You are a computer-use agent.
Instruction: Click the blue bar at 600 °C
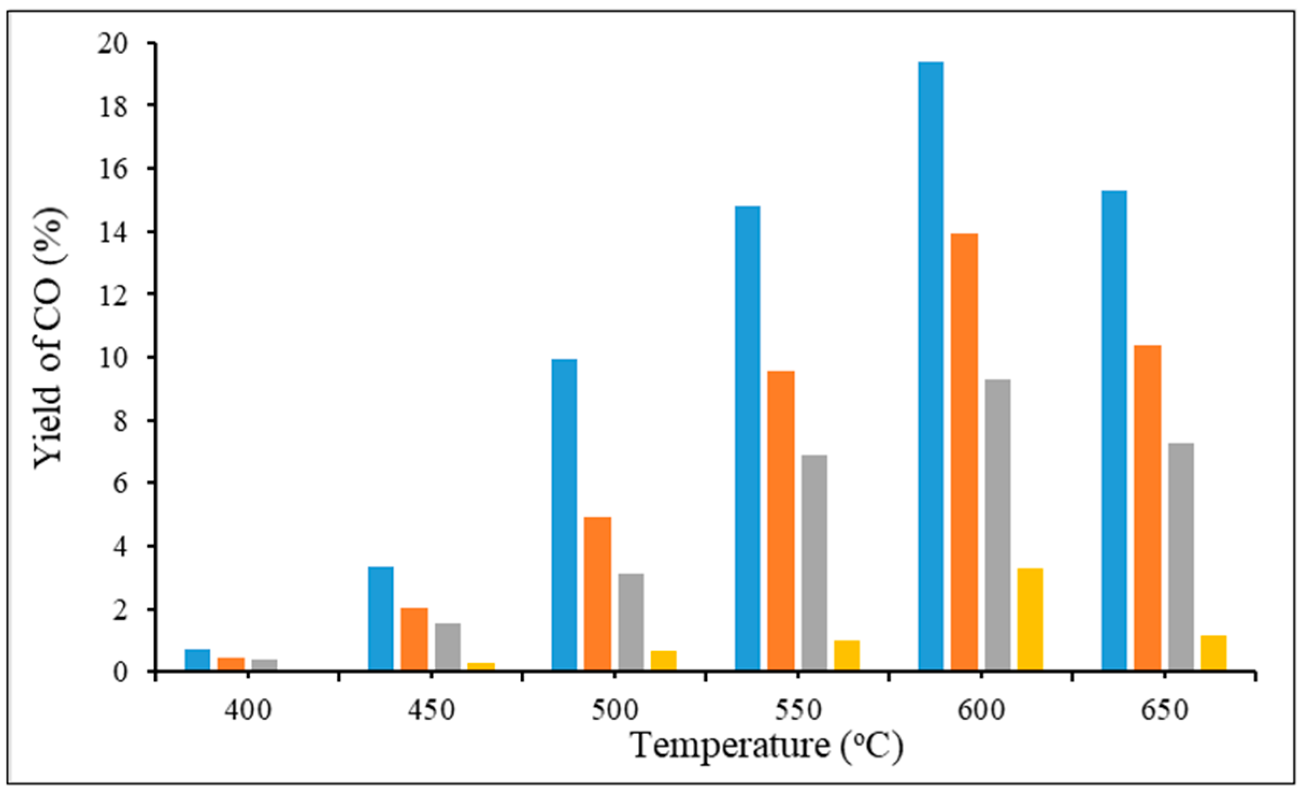point(930,365)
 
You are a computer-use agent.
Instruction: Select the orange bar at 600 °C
point(964,451)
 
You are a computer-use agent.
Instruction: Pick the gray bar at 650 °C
point(1181,556)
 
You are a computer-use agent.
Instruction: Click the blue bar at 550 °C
point(747,438)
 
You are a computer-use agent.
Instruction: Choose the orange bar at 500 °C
point(598,593)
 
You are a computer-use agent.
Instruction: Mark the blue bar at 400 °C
point(197,660)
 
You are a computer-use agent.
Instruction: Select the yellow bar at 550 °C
point(847,655)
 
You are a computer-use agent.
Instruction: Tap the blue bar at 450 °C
point(381,618)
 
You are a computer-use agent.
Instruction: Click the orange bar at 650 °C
point(1148,507)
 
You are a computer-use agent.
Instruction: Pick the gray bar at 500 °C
point(631,621)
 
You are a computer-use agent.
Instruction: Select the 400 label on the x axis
point(248,710)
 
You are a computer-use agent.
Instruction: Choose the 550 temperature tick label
point(798,710)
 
